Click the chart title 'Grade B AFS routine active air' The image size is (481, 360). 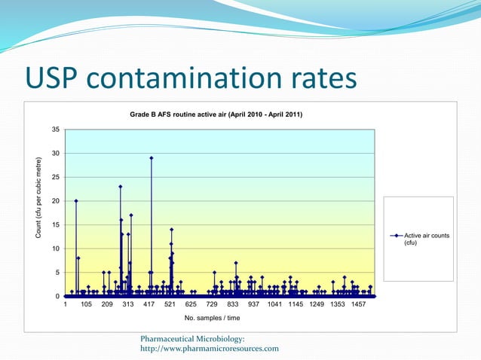pyautogui.click(x=216, y=114)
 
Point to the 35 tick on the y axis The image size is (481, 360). pyautogui.click(x=56, y=130)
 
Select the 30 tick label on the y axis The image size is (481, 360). pyautogui.click(x=56, y=154)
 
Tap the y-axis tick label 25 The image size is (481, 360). pyautogui.click(x=56, y=177)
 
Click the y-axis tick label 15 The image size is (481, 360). pyautogui.click(x=56, y=225)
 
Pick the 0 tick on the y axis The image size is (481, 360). pyautogui.click(x=58, y=296)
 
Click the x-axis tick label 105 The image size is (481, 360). pyautogui.click(x=86, y=306)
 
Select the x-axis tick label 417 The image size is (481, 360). pyautogui.click(x=149, y=306)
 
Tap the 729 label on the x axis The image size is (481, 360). pyautogui.click(x=212, y=306)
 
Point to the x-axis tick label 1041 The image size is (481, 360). pyautogui.click(x=275, y=306)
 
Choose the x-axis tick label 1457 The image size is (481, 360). pyautogui.click(x=359, y=306)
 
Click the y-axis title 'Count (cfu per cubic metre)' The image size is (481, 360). pyautogui.click(x=38, y=199)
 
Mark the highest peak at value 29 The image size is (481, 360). pyautogui.click(x=152, y=158)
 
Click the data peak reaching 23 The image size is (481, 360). pyautogui.click(x=120, y=187)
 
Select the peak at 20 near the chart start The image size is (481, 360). pyautogui.click(x=76, y=201)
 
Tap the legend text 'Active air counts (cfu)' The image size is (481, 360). pyautogui.click(x=426, y=239)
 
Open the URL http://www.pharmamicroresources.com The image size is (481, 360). pyautogui.click(x=210, y=349)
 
